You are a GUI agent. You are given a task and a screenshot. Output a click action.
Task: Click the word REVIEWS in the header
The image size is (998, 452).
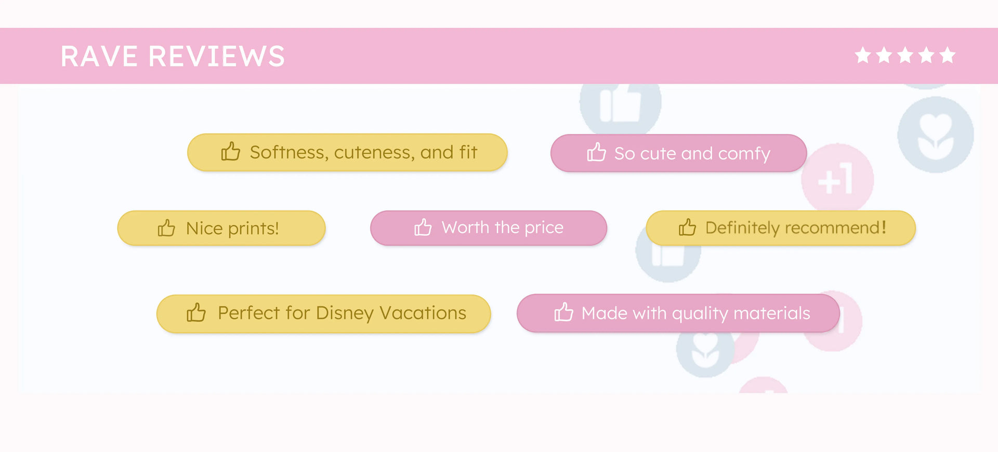click(217, 56)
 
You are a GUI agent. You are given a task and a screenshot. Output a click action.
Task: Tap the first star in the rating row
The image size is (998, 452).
click(863, 55)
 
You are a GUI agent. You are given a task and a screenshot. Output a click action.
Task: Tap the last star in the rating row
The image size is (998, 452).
click(948, 55)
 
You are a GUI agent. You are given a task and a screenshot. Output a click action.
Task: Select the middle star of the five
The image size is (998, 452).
click(905, 55)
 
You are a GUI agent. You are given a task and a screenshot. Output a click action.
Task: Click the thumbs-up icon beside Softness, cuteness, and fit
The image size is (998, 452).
click(230, 151)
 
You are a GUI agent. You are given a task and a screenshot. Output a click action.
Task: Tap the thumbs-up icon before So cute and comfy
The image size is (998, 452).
click(596, 152)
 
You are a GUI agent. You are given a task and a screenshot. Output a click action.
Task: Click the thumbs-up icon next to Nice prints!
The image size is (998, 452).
click(166, 228)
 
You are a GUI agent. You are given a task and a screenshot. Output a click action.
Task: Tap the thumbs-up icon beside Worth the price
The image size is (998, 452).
click(423, 227)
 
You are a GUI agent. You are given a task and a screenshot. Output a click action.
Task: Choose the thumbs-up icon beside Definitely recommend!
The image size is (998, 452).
click(687, 227)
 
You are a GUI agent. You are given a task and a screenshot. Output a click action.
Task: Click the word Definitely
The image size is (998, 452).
click(742, 228)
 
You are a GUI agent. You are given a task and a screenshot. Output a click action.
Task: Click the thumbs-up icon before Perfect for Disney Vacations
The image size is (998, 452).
click(196, 312)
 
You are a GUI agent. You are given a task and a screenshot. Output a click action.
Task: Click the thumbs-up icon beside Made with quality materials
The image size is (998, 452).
click(563, 312)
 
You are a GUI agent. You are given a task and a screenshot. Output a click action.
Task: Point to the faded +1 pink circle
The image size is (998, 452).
click(837, 179)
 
